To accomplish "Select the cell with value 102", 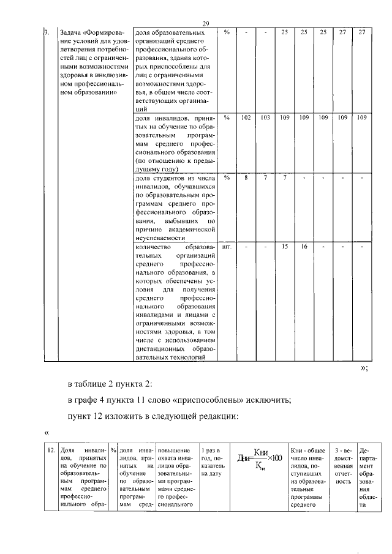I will (246, 116).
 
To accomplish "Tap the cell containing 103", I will (265, 116).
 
